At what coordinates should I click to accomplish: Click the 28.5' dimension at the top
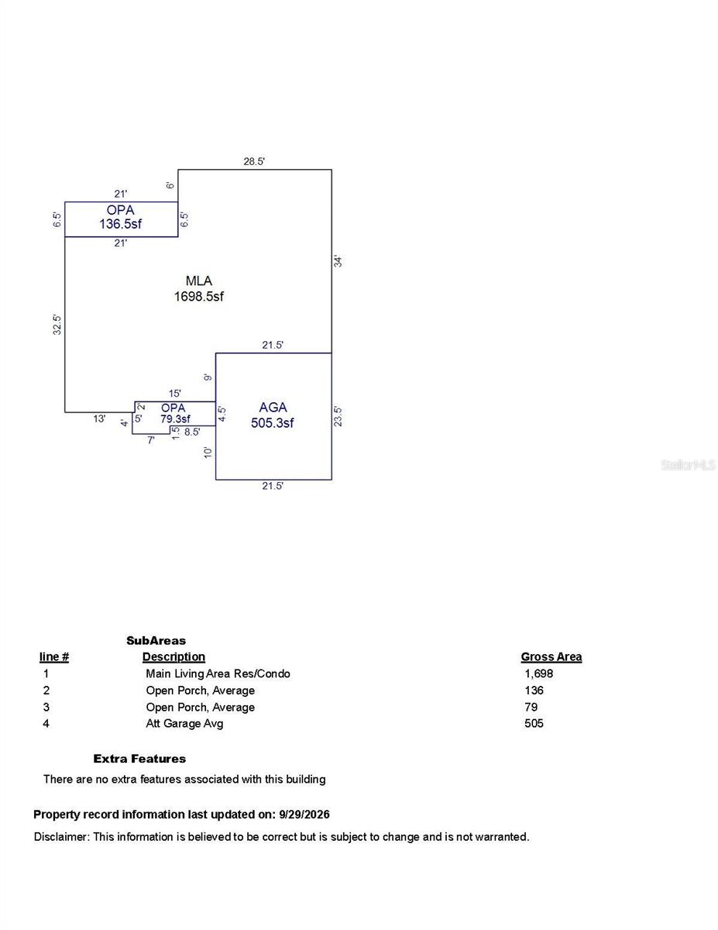(254, 161)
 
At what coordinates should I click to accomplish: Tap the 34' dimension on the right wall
(338, 261)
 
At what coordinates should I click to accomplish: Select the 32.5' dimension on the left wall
(57, 325)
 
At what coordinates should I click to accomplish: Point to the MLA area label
(199, 281)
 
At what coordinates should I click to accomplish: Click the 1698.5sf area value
(199, 296)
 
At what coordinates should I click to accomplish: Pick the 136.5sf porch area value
(121, 224)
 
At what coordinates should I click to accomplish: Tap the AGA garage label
(273, 407)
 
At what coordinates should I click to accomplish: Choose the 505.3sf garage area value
(273, 423)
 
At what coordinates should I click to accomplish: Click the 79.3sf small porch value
(175, 418)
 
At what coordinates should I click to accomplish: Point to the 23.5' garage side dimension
(338, 416)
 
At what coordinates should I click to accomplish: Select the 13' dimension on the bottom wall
(99, 418)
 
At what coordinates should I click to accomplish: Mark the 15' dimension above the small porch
(174, 393)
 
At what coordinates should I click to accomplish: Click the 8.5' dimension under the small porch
(192, 432)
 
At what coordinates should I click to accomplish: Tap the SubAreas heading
(156, 641)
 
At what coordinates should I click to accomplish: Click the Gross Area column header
(551, 657)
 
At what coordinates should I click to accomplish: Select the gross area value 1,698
(539, 673)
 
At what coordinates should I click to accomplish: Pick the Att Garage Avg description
(184, 723)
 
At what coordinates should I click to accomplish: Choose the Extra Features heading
(139, 759)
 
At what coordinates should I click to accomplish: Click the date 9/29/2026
(304, 815)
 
